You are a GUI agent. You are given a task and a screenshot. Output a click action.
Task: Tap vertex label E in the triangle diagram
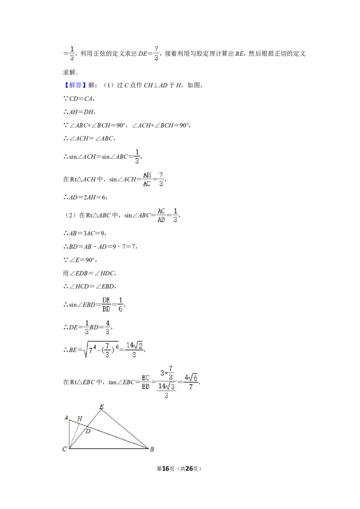101,406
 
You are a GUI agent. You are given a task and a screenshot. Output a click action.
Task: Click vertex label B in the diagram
152,450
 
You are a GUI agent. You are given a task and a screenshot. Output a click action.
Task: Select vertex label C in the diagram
65,449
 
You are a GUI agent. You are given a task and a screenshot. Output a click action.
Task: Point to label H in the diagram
80,419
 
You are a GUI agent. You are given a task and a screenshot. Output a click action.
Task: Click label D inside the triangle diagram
88,431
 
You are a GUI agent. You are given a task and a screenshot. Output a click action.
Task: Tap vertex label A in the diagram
66,418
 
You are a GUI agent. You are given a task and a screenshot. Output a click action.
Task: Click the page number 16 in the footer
166,469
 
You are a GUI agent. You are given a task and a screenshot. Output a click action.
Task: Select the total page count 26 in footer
189,469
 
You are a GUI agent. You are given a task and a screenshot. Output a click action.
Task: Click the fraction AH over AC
147,179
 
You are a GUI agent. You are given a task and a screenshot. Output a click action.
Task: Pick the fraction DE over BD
106,304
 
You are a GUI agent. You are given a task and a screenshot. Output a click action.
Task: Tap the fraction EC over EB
146,382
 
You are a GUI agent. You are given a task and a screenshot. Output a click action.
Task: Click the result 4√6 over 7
191,382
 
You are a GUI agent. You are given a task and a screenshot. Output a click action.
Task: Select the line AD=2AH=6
85,197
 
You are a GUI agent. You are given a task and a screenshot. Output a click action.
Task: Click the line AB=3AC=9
85,233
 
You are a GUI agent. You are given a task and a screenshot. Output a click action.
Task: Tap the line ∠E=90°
80,260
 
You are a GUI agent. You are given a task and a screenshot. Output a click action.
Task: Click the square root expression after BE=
101,350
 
